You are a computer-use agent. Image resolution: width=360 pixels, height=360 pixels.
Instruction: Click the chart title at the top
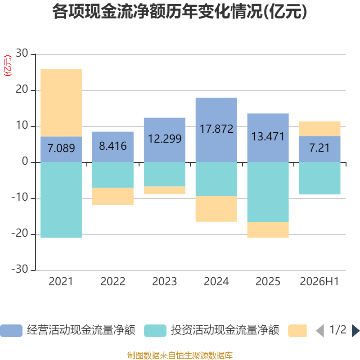tap(180, 12)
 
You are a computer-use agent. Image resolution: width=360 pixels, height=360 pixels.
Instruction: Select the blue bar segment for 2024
tap(216, 130)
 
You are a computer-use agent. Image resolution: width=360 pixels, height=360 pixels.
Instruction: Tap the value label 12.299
tap(165, 139)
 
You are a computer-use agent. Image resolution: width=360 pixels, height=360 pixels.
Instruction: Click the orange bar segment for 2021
tap(61, 103)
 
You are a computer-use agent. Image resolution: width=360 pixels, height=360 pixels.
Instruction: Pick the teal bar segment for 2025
tap(268, 192)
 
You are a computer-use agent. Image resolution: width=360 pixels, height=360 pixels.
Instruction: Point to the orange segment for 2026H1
tap(319, 129)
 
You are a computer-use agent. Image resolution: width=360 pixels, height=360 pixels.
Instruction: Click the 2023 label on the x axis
tap(165, 282)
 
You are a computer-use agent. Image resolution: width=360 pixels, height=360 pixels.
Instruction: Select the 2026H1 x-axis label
tap(319, 282)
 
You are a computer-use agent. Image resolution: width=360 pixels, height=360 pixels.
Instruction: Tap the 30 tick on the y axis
tap(22, 53)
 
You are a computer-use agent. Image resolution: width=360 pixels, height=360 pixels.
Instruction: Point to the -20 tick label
tap(20, 233)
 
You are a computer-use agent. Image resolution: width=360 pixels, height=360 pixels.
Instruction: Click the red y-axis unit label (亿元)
tap(8, 66)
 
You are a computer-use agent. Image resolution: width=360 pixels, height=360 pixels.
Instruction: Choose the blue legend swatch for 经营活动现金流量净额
tap(11, 331)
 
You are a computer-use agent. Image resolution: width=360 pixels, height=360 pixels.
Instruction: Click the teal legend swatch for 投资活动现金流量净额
tap(155, 331)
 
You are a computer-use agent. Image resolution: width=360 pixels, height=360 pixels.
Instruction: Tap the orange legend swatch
tap(297, 331)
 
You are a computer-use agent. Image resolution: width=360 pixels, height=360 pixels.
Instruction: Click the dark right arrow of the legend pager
tap(356, 331)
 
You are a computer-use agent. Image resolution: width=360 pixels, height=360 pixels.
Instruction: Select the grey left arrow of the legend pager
tap(320, 331)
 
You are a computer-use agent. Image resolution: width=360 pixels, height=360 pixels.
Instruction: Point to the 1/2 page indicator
tap(338, 330)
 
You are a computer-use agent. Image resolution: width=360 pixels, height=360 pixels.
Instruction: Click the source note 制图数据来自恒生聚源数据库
tap(180, 355)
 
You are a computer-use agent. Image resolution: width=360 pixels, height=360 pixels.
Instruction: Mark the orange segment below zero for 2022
tap(113, 196)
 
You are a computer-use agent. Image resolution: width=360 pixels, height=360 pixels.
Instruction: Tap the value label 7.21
tap(319, 148)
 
